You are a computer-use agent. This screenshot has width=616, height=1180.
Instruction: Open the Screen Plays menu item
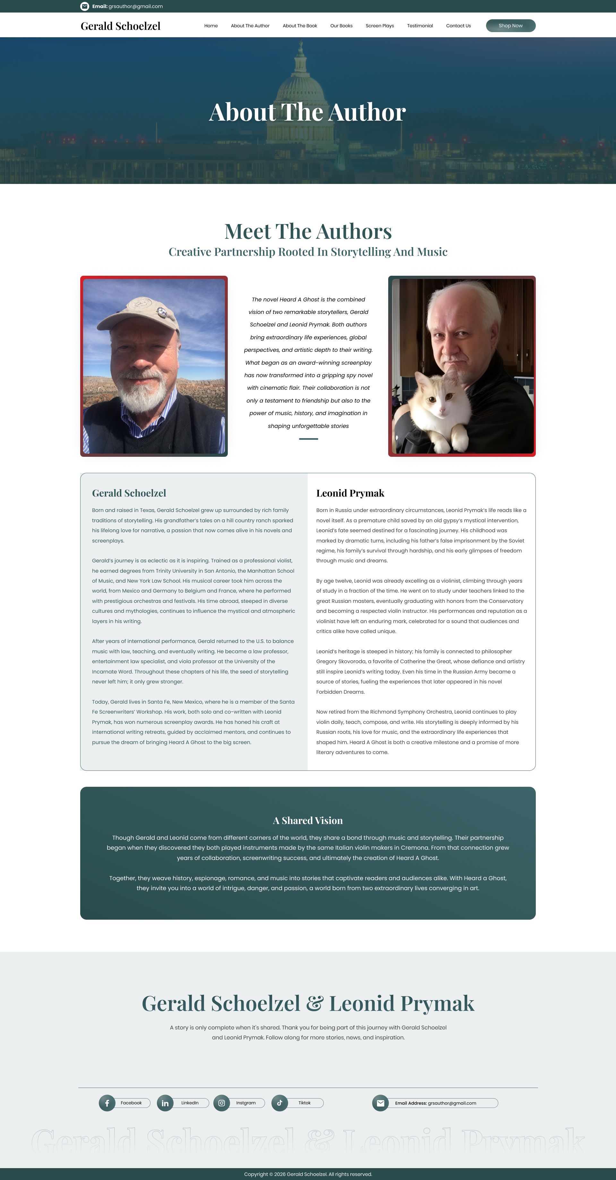[x=380, y=26]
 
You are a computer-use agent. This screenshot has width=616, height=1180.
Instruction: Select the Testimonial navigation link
[x=420, y=26]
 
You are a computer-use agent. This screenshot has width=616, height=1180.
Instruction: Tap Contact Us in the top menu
[x=458, y=26]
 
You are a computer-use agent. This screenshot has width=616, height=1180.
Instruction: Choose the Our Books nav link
[x=341, y=26]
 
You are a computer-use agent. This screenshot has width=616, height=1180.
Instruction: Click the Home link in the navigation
[x=211, y=26]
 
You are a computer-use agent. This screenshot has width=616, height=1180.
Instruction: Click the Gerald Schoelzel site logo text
[x=120, y=26]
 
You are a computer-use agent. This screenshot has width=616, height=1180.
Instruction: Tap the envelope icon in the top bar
[x=85, y=6]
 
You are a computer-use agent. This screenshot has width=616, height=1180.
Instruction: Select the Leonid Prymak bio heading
[x=350, y=493]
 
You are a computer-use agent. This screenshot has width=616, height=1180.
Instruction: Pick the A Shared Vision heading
[x=308, y=820]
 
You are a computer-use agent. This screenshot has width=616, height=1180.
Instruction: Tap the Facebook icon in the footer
[x=107, y=1103]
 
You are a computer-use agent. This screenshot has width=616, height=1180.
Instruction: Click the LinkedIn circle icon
[x=165, y=1103]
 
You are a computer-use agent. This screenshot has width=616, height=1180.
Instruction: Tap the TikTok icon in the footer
[x=280, y=1103]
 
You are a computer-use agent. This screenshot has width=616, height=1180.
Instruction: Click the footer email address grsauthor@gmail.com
[x=452, y=1103]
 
